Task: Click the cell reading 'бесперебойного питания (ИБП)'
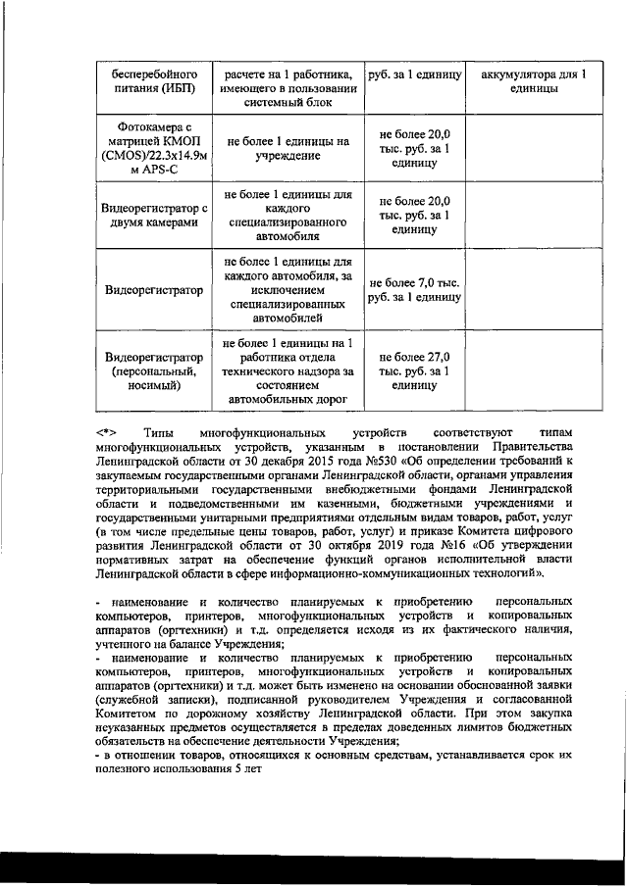(x=150, y=81)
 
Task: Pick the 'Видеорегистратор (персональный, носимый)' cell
(x=150, y=373)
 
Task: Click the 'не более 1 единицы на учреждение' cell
(x=288, y=148)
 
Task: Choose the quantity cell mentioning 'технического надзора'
(x=288, y=372)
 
